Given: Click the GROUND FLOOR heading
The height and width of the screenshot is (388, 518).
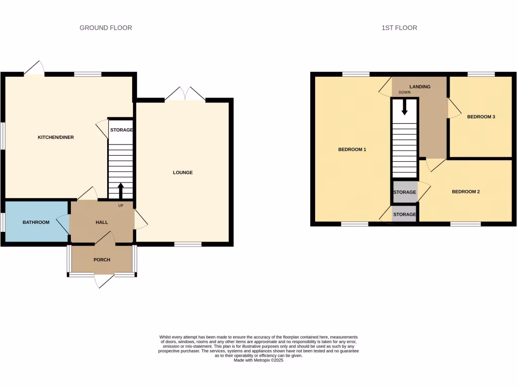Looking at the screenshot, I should click(106, 28).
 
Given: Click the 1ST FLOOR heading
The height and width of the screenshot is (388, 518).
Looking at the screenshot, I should click(399, 28).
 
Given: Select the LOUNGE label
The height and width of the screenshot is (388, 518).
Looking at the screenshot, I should click(183, 172).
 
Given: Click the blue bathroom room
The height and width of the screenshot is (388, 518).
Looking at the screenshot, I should click(36, 222).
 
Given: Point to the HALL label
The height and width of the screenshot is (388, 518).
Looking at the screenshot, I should click(102, 222).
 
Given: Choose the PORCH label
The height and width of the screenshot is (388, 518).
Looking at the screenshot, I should click(102, 260).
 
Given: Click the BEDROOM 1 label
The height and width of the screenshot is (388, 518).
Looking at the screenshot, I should click(352, 150).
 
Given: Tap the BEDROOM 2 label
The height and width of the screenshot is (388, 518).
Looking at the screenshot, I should click(465, 191).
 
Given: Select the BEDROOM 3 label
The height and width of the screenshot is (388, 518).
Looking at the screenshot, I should click(481, 117).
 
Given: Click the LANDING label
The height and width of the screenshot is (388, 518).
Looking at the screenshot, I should click(420, 87).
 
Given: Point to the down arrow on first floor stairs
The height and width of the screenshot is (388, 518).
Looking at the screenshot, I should click(405, 107).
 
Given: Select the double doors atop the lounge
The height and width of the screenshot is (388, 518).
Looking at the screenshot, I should click(185, 94).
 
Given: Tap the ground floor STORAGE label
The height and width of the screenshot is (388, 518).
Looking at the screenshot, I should click(121, 130).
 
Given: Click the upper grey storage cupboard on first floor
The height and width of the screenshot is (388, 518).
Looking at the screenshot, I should click(405, 192).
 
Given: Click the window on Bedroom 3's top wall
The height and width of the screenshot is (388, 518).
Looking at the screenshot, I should click(481, 75).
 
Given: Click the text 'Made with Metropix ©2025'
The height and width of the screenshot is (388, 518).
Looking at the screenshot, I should click(259, 360).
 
